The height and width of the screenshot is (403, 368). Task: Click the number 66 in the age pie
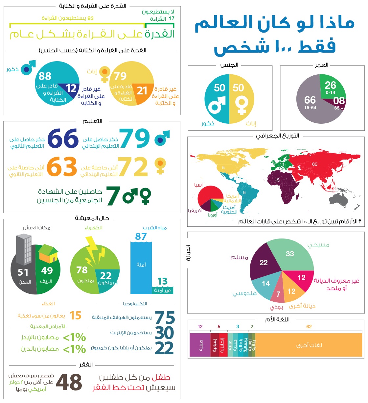310,100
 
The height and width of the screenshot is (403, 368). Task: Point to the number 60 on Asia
315,164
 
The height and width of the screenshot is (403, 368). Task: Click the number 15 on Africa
277,180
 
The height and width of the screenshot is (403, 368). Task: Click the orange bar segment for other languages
309,345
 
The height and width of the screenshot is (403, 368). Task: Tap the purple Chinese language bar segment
200,345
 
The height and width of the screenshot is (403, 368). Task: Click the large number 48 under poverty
69,382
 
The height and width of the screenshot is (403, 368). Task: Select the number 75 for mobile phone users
165,318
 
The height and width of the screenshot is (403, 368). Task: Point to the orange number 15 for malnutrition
76,315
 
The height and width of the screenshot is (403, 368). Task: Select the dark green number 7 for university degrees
113,196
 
